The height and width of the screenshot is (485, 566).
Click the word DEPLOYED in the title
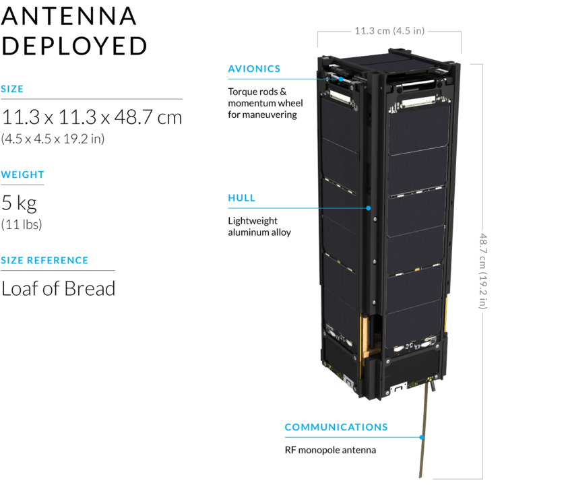(74, 46)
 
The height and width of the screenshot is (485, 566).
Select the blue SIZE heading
(12, 89)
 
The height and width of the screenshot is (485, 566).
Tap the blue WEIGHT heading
(22, 174)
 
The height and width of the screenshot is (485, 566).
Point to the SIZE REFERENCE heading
(44, 260)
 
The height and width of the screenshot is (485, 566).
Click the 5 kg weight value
(19, 202)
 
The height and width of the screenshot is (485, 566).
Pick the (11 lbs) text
(22, 224)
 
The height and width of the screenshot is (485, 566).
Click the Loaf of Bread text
(58, 288)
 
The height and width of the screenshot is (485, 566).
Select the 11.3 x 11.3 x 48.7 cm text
(92, 117)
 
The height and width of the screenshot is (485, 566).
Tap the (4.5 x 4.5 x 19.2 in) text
(53, 139)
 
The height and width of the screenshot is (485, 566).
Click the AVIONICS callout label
(254, 69)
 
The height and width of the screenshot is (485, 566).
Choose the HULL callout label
(241, 198)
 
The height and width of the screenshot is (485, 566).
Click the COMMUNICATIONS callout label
(336, 427)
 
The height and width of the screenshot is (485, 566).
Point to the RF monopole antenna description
(330, 450)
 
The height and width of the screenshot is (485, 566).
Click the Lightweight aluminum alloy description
(259, 226)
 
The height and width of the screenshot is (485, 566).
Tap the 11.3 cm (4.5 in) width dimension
(389, 30)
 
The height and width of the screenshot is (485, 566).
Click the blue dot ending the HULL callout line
(369, 208)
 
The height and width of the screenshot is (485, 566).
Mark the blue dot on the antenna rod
(422, 437)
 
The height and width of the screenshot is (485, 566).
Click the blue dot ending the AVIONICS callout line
(342, 79)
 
